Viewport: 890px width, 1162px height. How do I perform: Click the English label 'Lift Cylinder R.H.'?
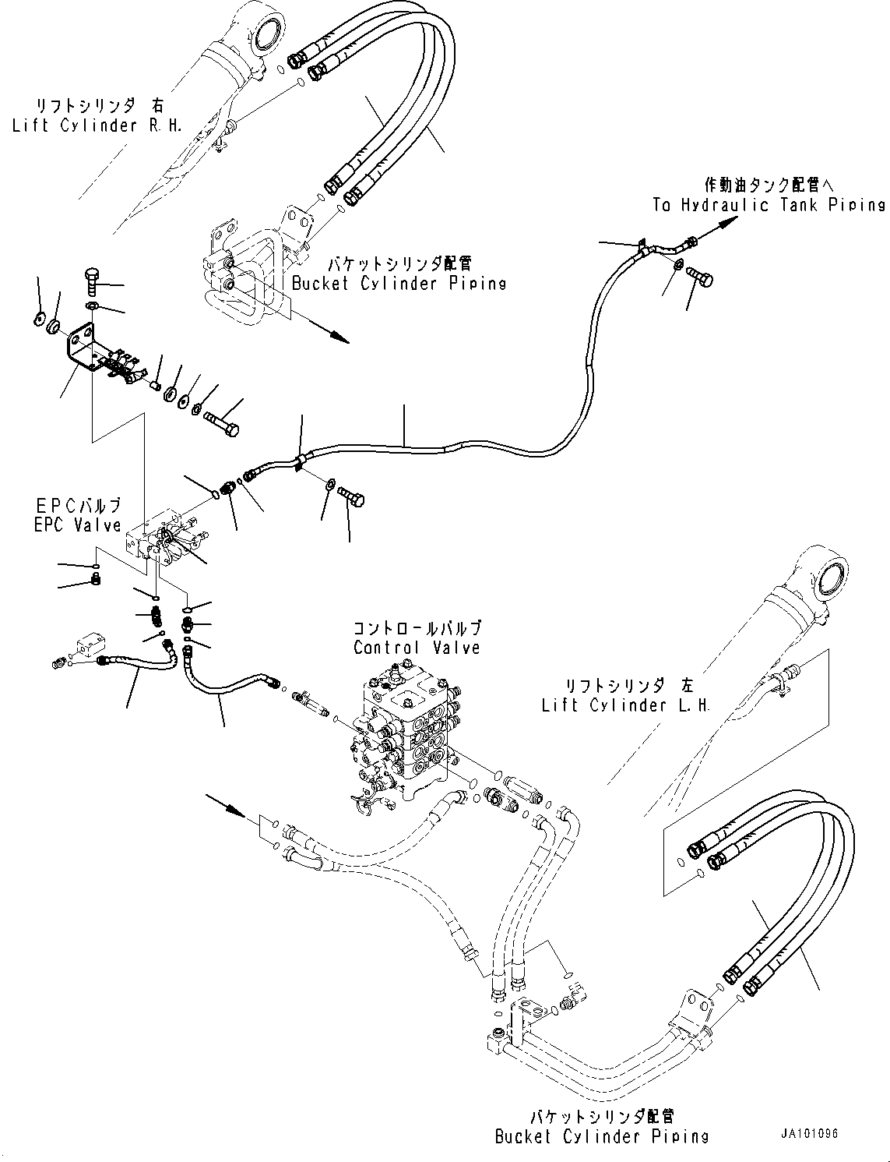(97, 125)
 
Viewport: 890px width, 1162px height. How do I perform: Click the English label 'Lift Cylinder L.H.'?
(626, 705)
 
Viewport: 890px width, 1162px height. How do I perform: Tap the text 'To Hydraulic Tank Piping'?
(769, 205)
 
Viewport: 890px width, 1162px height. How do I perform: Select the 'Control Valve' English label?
(417, 648)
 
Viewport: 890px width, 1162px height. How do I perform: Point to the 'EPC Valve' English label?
(78, 525)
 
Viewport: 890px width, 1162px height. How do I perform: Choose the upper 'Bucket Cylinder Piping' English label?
(399, 283)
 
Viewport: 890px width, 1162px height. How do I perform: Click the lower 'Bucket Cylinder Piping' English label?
(602, 1136)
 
